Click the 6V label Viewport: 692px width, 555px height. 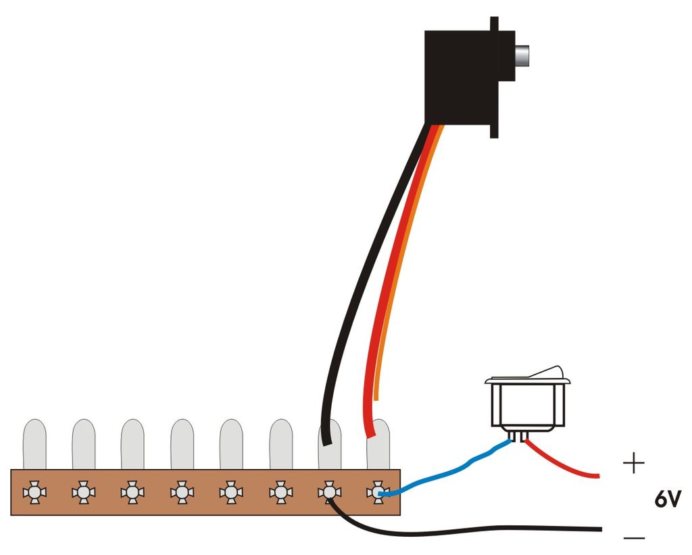click(668, 500)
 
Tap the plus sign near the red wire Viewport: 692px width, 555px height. click(633, 464)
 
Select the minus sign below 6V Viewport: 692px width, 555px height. click(634, 537)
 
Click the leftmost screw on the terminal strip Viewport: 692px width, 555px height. click(34, 493)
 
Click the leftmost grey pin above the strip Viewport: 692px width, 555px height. click(34, 443)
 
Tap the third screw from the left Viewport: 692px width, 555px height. click(132, 493)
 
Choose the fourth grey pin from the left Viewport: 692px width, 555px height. click(182, 443)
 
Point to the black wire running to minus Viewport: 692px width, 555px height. click(473, 529)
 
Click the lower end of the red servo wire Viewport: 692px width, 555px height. click(369, 433)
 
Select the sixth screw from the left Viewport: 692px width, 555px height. click(280, 493)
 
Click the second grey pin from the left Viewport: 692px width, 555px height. click(84, 443)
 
